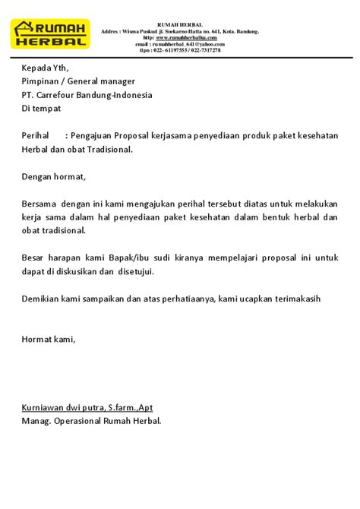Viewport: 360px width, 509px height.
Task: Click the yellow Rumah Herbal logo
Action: click(x=52, y=33)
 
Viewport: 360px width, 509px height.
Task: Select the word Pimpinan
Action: click(x=43, y=82)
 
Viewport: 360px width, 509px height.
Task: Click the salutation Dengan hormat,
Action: click(x=54, y=176)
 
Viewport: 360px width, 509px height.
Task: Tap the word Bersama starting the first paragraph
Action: click(x=39, y=204)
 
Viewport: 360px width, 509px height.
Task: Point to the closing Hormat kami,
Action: click(x=49, y=338)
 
